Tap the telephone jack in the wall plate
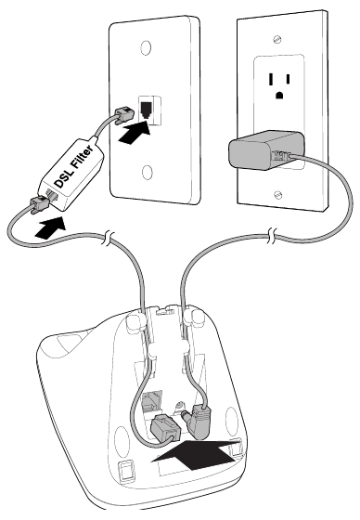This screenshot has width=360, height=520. point(147,110)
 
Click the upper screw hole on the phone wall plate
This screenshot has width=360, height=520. point(146,47)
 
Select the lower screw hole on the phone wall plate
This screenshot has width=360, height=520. point(147,173)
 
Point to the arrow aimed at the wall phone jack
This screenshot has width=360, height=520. point(135,133)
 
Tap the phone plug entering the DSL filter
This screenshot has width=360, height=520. point(41,203)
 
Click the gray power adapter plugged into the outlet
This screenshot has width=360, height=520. point(266,150)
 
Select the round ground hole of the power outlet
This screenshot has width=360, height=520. point(279,95)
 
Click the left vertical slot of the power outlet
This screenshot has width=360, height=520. point(271,80)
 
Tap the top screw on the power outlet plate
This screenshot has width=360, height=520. point(277,39)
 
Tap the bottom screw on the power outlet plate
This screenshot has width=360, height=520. point(277,195)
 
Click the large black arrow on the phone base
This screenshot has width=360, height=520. point(196,454)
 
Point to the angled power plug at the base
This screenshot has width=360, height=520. point(197,420)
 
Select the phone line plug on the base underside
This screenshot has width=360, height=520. point(166,427)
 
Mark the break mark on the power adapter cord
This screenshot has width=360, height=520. point(272,237)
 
